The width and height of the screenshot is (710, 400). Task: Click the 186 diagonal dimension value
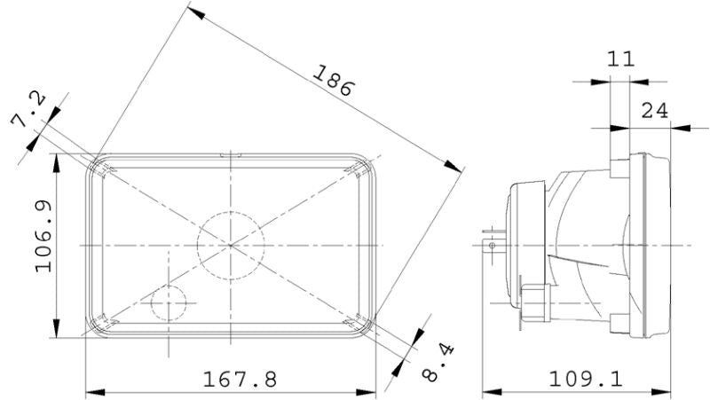coord(333,81)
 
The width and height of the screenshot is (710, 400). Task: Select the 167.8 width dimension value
coord(240,380)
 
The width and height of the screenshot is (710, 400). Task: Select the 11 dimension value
coord(620,60)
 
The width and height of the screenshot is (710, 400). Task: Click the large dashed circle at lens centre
coord(231,244)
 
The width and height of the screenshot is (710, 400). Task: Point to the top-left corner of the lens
coord(92,160)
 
